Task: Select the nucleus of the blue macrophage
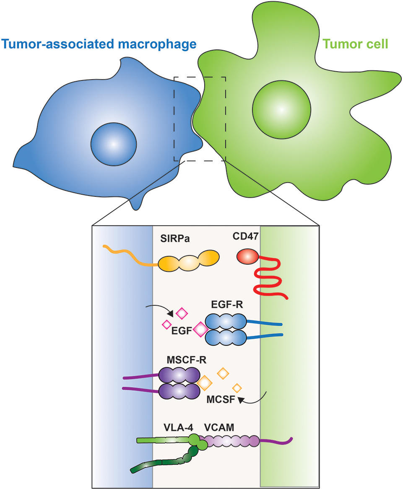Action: (113, 144)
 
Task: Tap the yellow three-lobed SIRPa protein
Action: (189, 263)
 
